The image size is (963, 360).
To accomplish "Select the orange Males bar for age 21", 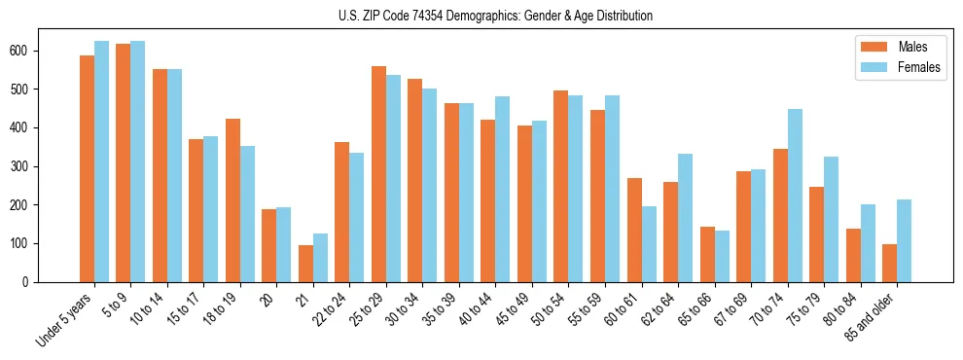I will [305, 264].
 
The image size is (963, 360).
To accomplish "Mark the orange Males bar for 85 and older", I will [889, 263].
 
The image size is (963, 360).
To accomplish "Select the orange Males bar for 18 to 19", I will [232, 200].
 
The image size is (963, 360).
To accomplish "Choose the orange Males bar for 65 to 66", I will [707, 254].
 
